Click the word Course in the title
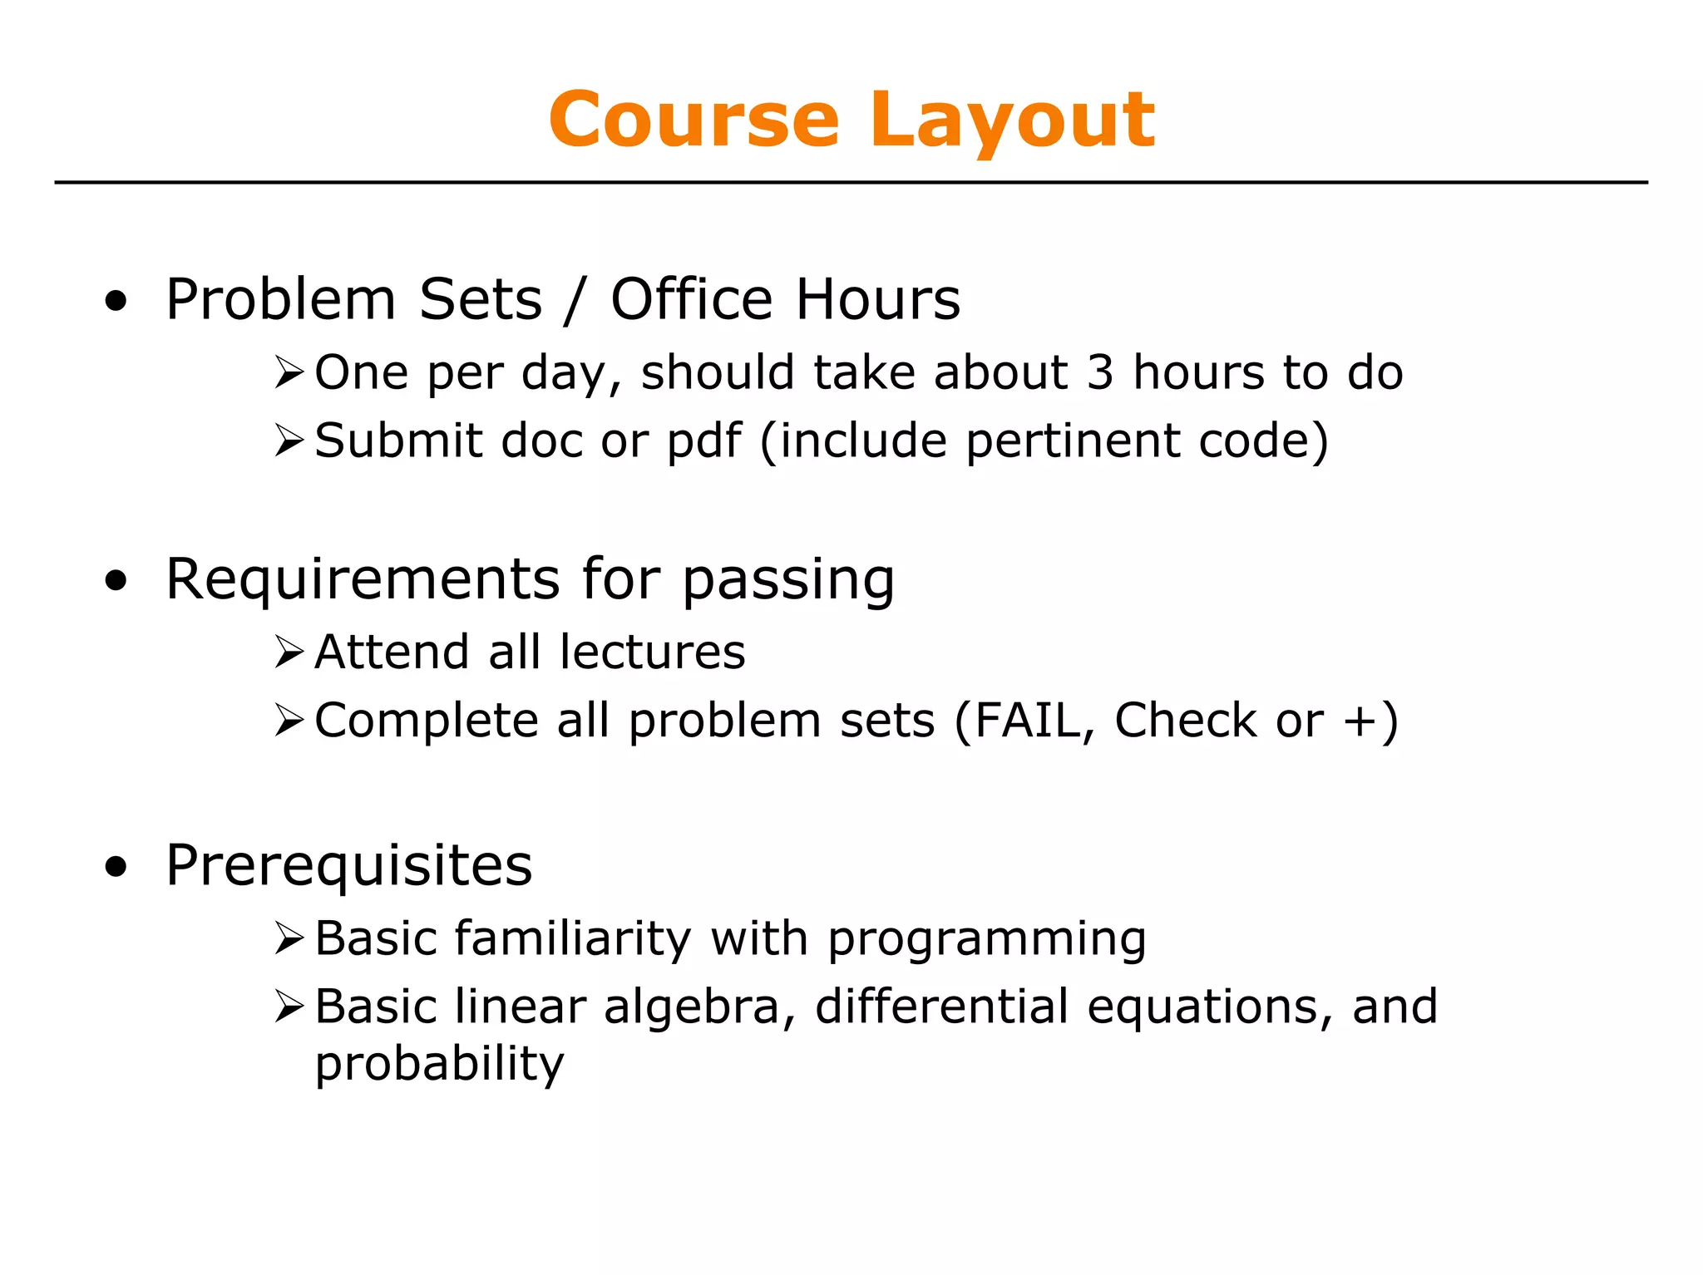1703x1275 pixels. pyautogui.click(x=694, y=121)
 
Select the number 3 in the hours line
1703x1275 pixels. pyautogui.click(x=1100, y=372)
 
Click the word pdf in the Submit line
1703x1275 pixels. pyautogui.click(x=703, y=441)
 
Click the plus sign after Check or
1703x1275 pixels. pyautogui.click(x=1360, y=721)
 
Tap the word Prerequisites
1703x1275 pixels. pyautogui.click(x=349, y=866)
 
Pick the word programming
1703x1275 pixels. pyautogui.click(x=987, y=939)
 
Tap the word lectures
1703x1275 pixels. pyautogui.click(x=653, y=652)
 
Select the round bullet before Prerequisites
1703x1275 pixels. pyautogui.click(x=116, y=868)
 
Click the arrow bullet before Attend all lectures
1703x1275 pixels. pyautogui.click(x=289, y=652)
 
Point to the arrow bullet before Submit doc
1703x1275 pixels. pyautogui.click(x=289, y=441)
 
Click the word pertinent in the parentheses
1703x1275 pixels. pyautogui.click(x=1073, y=441)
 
